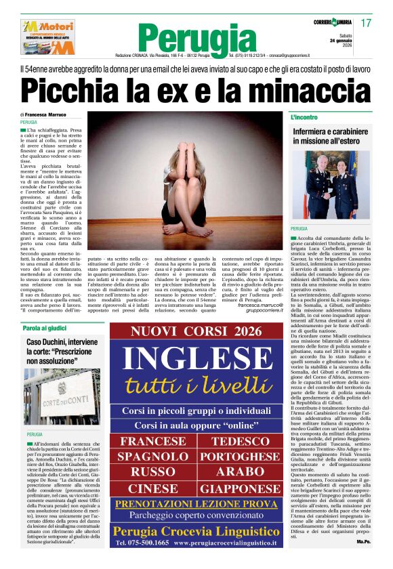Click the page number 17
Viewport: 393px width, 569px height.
click(366, 23)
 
